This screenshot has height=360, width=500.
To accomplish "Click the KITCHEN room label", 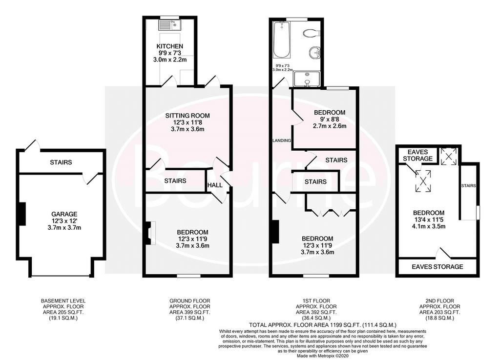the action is [x=169, y=46].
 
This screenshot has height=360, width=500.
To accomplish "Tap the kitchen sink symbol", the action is [x=170, y=24].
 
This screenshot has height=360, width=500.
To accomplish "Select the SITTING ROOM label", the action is [x=187, y=116].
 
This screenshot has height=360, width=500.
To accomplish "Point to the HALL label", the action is [x=215, y=185].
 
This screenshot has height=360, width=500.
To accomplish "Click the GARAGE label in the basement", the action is [x=64, y=214].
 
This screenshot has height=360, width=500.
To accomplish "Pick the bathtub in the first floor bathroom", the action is [x=282, y=40].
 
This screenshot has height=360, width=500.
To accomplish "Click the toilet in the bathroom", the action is [x=311, y=33].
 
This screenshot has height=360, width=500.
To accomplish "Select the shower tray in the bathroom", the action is [x=307, y=79].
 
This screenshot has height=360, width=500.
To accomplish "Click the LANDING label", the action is [x=281, y=140].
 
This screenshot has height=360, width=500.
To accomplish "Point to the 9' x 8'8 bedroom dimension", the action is [x=330, y=119].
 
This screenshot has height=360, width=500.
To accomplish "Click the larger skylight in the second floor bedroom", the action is [x=423, y=181].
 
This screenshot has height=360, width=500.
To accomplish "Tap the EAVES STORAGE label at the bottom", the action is [x=437, y=267].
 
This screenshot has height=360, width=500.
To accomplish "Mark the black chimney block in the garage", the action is [x=22, y=214].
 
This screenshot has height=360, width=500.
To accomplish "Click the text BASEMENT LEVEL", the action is [x=63, y=301].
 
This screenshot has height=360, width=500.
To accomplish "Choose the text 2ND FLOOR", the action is [x=439, y=301].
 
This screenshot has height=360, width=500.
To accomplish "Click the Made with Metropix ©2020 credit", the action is [x=323, y=356].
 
